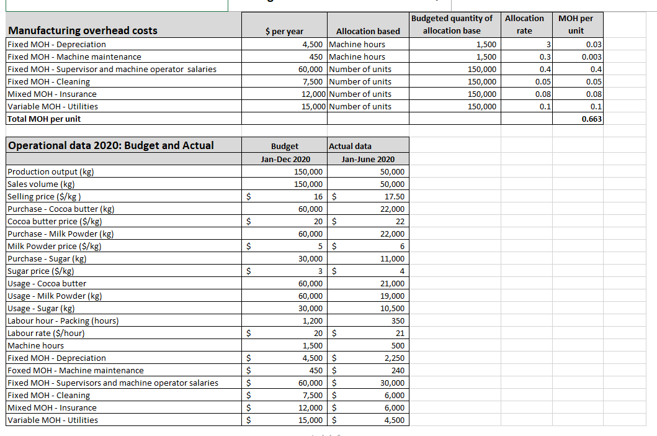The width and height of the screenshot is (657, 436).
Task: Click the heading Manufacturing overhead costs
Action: [x=83, y=30]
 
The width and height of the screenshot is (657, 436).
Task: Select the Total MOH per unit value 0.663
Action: [x=591, y=119]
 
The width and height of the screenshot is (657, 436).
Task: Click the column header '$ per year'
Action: [x=284, y=31]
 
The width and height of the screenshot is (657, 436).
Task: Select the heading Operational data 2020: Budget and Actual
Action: [x=110, y=145]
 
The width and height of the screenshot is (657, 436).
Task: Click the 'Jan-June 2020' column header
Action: [x=367, y=159]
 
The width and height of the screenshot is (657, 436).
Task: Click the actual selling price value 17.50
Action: [x=394, y=196]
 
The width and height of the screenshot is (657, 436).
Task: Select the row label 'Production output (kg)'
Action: [x=51, y=171]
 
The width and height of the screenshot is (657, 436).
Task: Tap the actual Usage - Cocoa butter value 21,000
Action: [x=392, y=283]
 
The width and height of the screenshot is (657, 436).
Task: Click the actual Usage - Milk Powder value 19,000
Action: [x=392, y=296]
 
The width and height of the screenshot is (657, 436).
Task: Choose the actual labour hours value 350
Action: [x=397, y=320]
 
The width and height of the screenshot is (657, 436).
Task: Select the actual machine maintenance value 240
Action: [x=398, y=370]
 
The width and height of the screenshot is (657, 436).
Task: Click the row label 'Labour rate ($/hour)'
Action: [x=46, y=333]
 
